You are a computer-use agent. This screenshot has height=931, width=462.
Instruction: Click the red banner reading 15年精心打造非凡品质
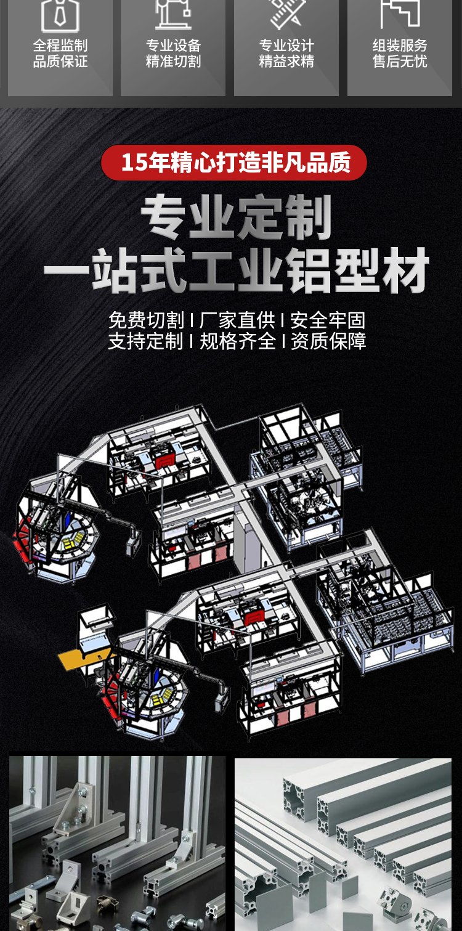coord(234,163)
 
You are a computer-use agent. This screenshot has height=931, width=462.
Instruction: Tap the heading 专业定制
coord(237,218)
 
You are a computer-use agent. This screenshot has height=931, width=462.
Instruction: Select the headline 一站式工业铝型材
coord(237,270)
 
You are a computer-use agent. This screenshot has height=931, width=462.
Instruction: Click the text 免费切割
coord(146,320)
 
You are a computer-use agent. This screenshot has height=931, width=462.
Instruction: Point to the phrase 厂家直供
coord(237,320)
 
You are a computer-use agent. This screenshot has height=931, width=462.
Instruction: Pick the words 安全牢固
coord(328,320)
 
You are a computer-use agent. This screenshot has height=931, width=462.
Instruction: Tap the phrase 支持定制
coord(146,341)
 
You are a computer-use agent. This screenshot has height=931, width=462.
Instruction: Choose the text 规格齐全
coord(237,341)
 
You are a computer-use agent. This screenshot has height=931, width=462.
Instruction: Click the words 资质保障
coord(328,341)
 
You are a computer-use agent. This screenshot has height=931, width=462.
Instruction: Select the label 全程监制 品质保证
coord(60,53)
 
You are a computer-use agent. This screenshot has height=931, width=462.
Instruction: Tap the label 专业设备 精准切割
coord(173,53)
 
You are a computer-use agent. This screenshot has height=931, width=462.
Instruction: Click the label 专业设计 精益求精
coord(286,53)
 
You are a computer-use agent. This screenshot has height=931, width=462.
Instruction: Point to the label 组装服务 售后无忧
coord(400,53)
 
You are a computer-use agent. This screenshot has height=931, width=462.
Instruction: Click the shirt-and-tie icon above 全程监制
coord(60,15)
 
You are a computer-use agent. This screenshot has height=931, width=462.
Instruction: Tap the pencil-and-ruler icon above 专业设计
coord(286,14)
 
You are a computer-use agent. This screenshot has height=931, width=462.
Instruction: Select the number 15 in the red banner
coord(134,163)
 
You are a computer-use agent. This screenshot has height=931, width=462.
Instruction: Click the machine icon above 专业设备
coord(173,14)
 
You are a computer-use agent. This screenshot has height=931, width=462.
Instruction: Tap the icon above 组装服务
coord(400,14)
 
